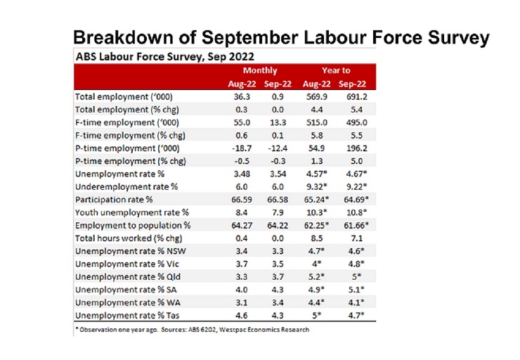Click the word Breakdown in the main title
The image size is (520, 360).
click(124, 37)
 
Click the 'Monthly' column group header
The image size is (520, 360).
click(260, 71)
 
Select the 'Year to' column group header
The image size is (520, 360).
click(336, 70)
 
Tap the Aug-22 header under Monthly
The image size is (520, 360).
click(242, 84)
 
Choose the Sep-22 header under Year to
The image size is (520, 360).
click(352, 84)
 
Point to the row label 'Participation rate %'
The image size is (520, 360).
click(114, 200)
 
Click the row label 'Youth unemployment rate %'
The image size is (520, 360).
click(131, 212)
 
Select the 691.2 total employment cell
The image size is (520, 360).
click(356, 97)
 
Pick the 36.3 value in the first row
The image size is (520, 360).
click(242, 97)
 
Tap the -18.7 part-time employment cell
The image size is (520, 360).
click(242, 148)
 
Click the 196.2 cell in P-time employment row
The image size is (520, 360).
click(357, 148)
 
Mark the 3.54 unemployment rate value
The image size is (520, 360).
click(278, 174)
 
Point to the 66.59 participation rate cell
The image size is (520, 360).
click(242, 200)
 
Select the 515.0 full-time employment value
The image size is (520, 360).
click(317, 123)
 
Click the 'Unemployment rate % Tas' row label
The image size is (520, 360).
click(127, 316)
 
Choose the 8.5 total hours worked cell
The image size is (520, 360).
click(317, 238)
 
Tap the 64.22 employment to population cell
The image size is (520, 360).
click(278, 226)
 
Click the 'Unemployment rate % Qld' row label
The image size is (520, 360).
click(128, 277)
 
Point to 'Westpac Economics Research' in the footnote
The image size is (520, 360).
click(264, 330)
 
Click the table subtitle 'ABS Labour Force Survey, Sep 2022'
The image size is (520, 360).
click(165, 57)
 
